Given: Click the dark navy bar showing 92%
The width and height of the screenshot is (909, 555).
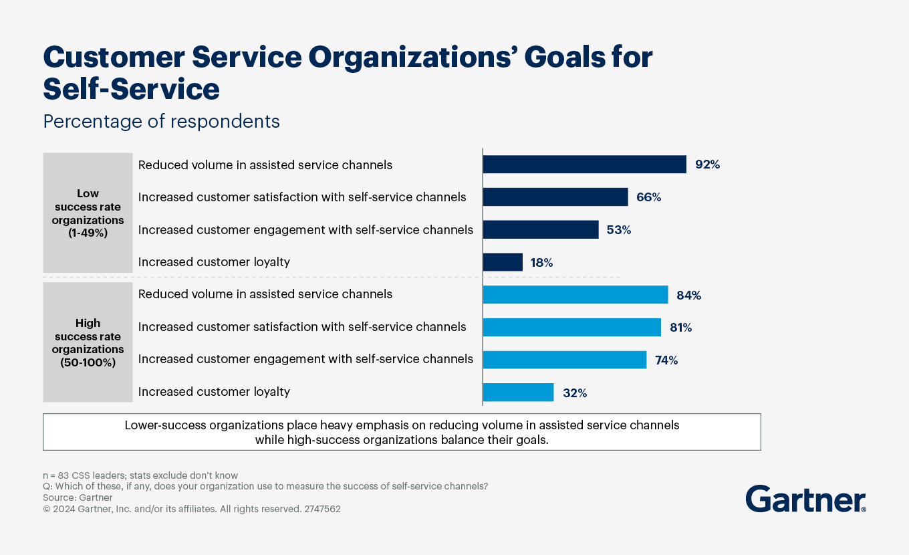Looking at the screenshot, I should coord(584,164).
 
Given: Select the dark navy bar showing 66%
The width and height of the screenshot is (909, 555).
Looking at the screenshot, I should coord(555,197).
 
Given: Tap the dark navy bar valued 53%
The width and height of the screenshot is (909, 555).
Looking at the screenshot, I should coord(540,230).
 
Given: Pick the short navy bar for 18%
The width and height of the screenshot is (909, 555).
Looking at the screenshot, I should coord(503,262).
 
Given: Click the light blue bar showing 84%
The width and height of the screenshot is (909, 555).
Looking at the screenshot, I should coord(575,295).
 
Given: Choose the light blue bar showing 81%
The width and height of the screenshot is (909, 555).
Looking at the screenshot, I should coord(571,328).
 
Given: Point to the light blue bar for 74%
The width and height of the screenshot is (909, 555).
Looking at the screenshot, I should coord(564,360).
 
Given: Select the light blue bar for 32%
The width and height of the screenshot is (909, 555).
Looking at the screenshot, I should coord(518,393).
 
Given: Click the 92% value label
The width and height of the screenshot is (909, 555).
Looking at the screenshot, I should coord(707,164).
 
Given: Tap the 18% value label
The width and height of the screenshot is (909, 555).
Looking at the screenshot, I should coord(541,263).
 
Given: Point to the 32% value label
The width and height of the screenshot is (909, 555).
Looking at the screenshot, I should coord(575,393).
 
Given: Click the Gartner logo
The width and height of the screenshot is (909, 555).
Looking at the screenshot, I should coord(805,499).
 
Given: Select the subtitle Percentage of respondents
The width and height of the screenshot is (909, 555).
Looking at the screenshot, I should coord(161,122).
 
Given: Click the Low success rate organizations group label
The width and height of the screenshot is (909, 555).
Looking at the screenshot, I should coord(88,213).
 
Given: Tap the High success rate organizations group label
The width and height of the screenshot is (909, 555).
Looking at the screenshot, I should coord(88,343).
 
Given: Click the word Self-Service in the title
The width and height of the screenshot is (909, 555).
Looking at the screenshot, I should coord(131,89).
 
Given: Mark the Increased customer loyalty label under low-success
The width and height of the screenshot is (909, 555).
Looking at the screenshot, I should coord(214,262).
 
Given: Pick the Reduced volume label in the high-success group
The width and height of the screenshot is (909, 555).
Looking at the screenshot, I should coord(265,294).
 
